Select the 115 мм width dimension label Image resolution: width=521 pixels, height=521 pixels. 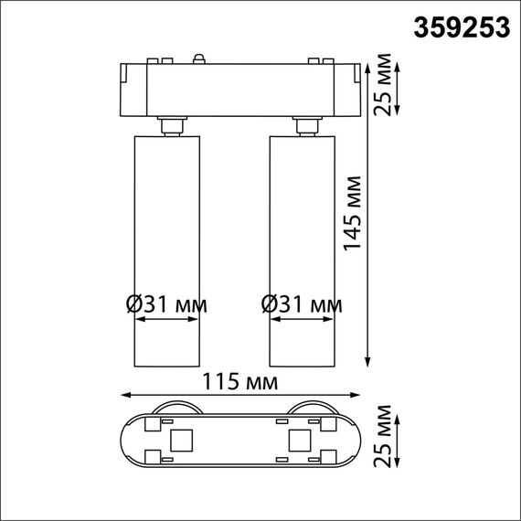pyautogui.click(x=243, y=380)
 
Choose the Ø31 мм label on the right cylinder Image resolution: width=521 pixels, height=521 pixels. pyautogui.click(x=302, y=303)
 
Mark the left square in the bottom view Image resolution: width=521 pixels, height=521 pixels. pyautogui.click(x=181, y=441)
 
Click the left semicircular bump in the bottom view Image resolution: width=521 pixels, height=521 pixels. pyautogui.click(x=174, y=409)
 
